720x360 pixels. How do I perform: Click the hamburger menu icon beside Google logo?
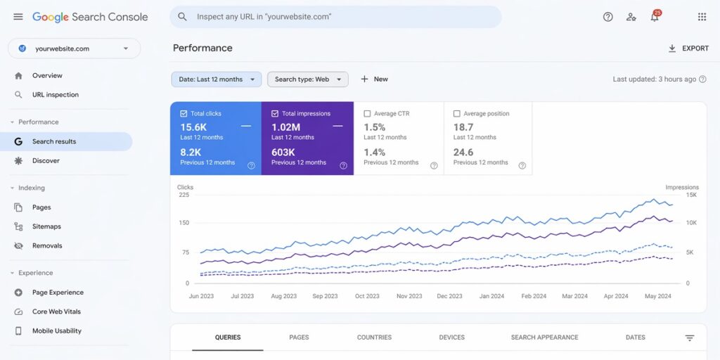(18, 17)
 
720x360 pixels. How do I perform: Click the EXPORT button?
(688, 49)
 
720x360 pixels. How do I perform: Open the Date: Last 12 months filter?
(217, 79)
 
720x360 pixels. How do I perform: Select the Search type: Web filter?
(307, 79)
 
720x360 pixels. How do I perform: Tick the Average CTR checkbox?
(367, 114)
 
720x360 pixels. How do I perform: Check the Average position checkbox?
(457, 114)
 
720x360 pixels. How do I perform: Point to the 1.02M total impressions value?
(286, 127)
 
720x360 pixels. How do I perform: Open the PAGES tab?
(299, 337)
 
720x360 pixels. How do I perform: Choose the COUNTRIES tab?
(374, 337)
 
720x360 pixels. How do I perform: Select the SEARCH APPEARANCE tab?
(544, 337)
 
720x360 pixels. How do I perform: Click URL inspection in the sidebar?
(56, 95)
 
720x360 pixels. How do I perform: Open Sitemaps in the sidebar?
(46, 226)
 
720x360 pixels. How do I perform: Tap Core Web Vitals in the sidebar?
(56, 311)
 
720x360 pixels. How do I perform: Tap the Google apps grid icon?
(702, 17)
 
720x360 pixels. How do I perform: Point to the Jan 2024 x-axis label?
(491, 296)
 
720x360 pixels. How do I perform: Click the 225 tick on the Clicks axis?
(184, 195)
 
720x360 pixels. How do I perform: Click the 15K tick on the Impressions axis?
(691, 195)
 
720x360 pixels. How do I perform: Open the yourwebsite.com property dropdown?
(74, 49)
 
